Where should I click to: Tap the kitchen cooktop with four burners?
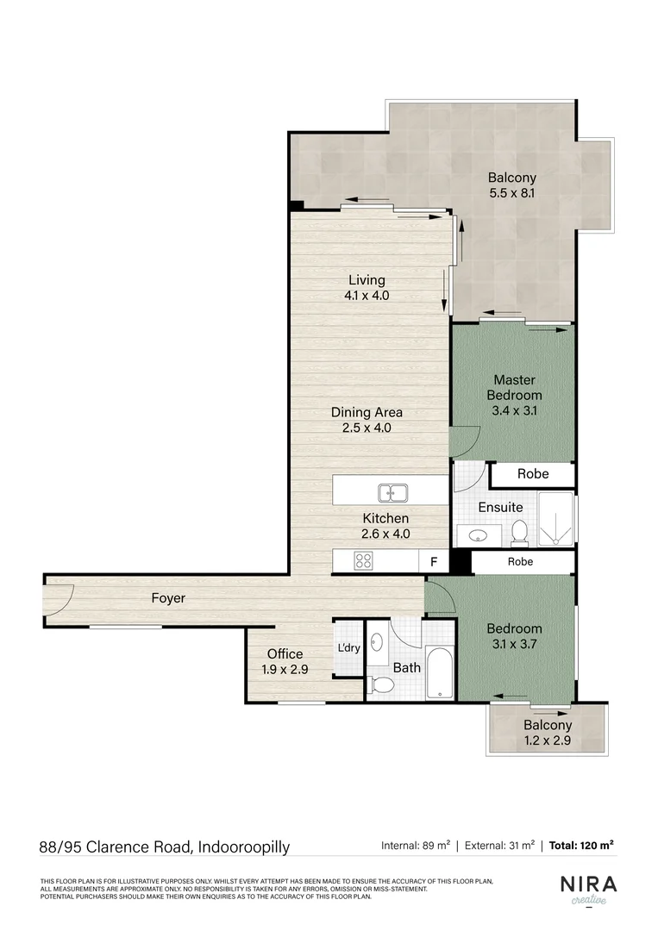pos(363,560)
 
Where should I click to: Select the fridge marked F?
pos(434,561)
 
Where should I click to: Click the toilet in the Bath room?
pos(382,685)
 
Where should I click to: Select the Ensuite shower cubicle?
pos(556,520)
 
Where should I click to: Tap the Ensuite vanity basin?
pos(476,535)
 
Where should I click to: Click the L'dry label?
pos(348,647)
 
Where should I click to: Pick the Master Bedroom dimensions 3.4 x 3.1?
pos(515,410)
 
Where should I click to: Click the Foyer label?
pos(168,597)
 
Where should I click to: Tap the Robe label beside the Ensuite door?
pos(532,474)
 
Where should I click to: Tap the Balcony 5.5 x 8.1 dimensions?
pos(511,193)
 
